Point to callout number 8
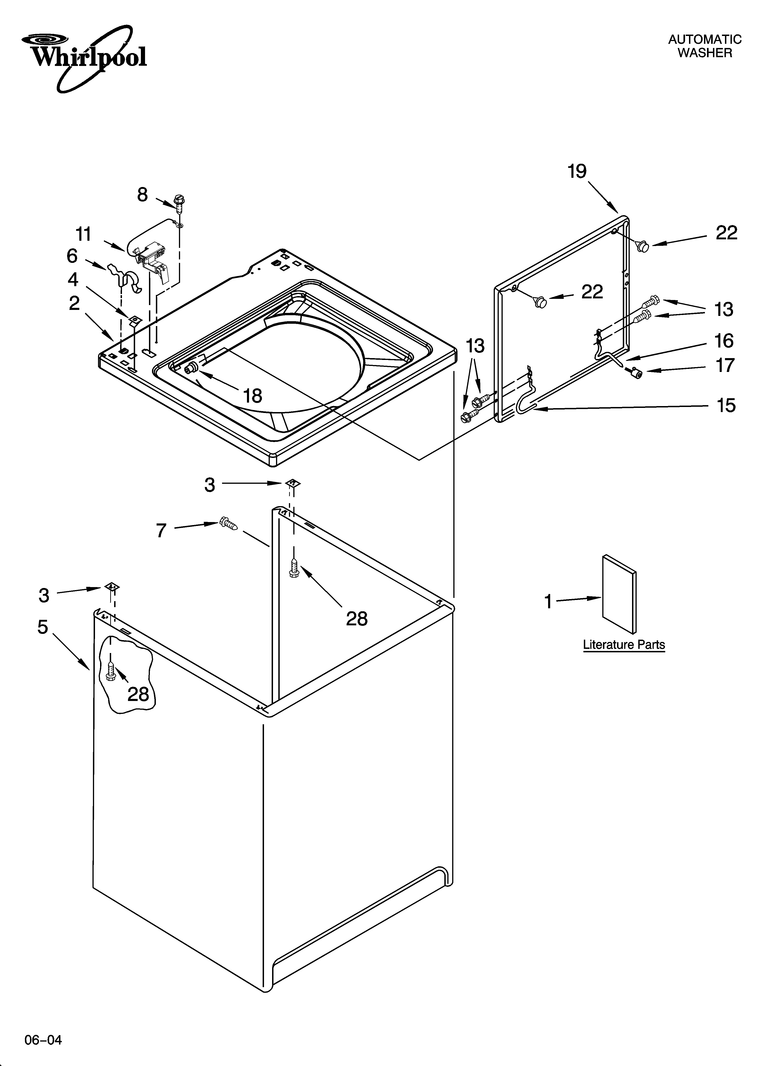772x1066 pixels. pos(143,195)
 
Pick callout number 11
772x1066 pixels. pos(84,234)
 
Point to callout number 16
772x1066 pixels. pos(724,341)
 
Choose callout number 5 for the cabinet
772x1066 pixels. pos(43,627)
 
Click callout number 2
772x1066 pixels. pos(74,304)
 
